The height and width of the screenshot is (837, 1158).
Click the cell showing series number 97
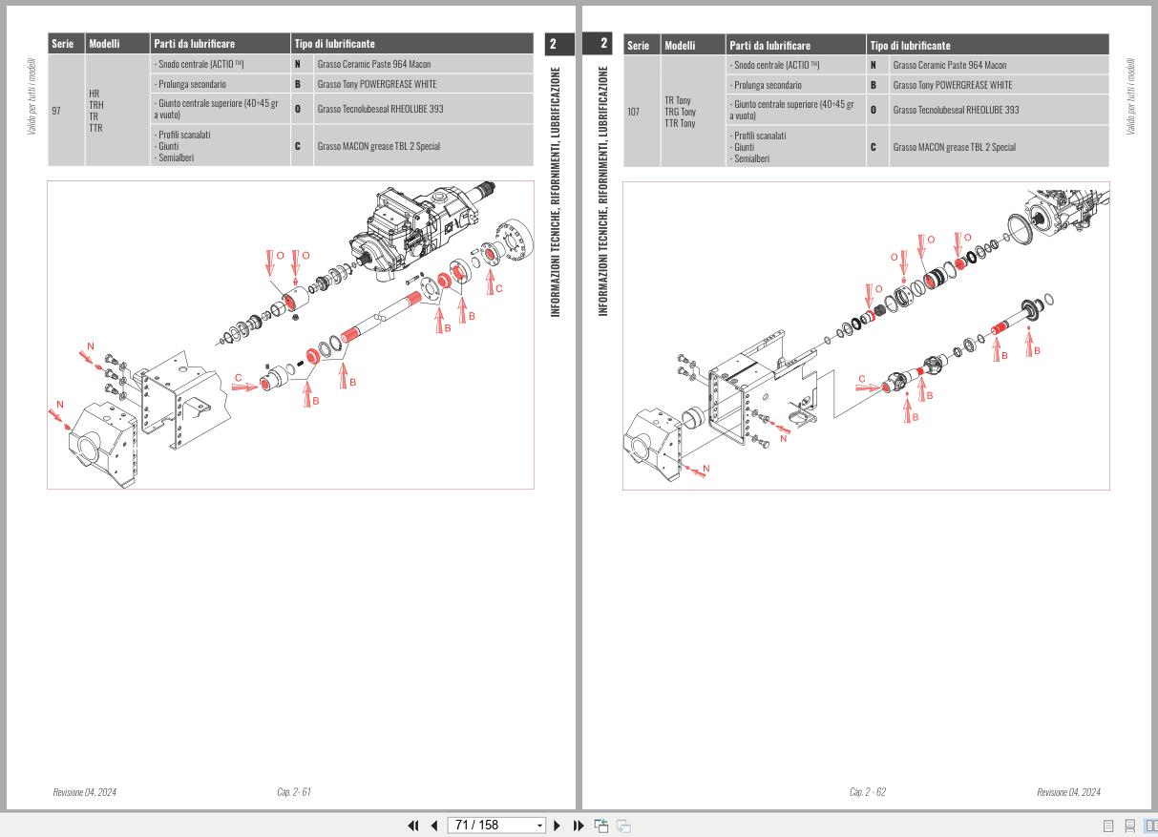point(56,111)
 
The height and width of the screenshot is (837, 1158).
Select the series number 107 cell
point(634,112)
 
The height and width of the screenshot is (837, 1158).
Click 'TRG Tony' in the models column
point(680,112)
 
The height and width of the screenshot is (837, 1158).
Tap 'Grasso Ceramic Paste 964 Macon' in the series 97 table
point(373,65)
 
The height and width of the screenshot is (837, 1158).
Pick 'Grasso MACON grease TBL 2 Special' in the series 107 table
point(954,147)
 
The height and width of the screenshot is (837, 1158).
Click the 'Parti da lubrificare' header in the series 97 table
point(194,44)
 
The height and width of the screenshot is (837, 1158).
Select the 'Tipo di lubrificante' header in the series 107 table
point(910,45)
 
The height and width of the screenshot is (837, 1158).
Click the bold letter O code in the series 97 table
point(298,109)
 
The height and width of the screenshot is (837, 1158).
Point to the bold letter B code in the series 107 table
point(873,85)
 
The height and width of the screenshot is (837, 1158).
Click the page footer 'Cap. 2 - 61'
point(293,792)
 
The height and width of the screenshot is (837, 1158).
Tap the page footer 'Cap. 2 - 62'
point(867,792)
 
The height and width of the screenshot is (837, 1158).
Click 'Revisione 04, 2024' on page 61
point(84,792)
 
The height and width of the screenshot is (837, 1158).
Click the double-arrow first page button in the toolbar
point(413,826)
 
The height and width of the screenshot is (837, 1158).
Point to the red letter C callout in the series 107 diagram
point(862,379)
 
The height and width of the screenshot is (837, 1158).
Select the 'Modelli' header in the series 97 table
point(105,44)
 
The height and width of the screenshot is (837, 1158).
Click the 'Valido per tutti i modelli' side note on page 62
point(1131,95)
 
